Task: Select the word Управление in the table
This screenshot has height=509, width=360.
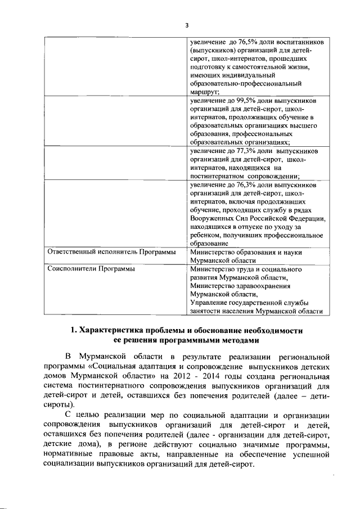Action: tap(210, 302)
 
